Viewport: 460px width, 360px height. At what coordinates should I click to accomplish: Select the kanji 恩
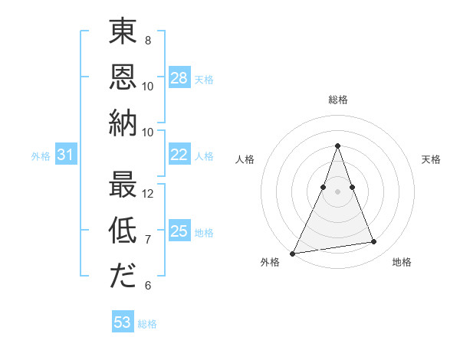[123, 77]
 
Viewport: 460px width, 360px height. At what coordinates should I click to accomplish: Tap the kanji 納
[123, 123]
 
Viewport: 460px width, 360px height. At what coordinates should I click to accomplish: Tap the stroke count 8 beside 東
[147, 41]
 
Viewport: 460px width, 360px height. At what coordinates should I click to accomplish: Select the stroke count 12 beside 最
[148, 194]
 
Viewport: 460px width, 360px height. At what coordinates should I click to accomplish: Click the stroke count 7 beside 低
[147, 240]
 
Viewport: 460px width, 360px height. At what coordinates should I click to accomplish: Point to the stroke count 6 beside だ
[147, 286]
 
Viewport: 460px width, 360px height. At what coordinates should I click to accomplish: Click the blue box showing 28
[179, 78]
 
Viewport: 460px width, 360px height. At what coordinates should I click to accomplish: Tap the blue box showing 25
[179, 231]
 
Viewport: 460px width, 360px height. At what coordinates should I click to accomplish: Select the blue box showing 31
[66, 155]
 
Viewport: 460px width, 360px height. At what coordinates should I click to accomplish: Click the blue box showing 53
[123, 322]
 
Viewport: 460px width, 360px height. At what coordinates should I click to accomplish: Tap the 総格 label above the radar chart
[337, 100]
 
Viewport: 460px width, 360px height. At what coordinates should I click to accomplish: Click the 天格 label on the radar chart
[431, 159]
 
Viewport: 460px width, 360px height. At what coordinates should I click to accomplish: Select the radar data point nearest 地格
[374, 242]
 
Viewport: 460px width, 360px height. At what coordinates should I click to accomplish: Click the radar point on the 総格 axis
[337, 146]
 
